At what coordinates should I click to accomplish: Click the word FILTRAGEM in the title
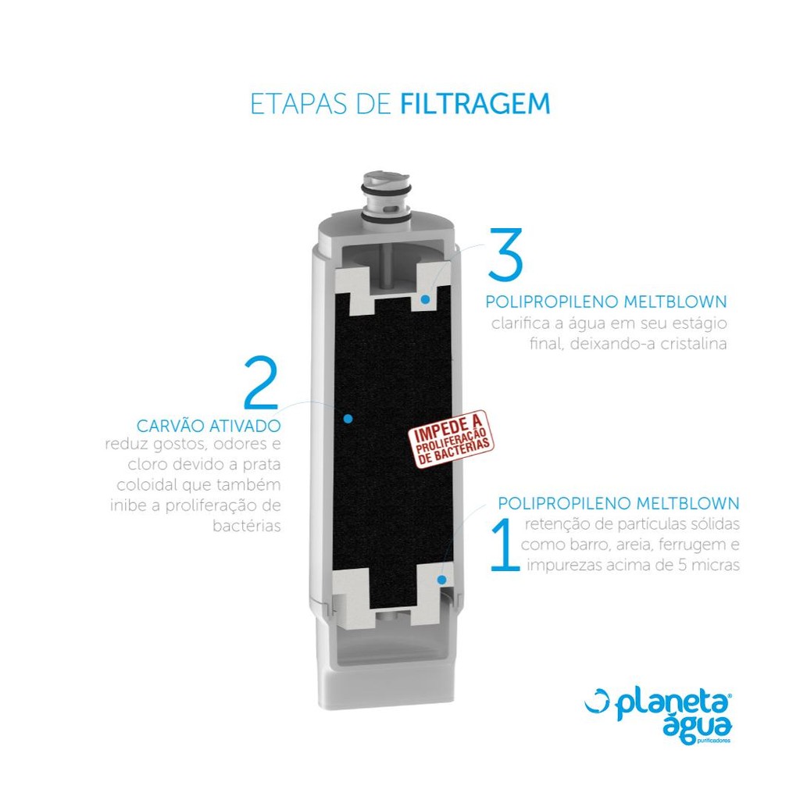pos(475,104)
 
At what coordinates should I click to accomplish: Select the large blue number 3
pos(505,255)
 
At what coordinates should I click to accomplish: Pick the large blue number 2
pos(261,383)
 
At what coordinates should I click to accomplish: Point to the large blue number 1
pos(505,545)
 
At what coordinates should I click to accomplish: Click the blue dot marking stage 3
pos(425,299)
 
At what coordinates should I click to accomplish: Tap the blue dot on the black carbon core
pos(348,419)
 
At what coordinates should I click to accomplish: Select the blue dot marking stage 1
pos(442,580)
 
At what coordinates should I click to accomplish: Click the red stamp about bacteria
pos(451,439)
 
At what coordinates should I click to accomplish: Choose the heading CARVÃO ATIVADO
pos(209,426)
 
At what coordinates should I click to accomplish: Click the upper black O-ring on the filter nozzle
pos(386,189)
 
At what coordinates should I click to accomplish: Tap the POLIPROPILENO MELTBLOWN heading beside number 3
pos(606,302)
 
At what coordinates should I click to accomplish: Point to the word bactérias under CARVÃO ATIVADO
pos(247,526)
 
